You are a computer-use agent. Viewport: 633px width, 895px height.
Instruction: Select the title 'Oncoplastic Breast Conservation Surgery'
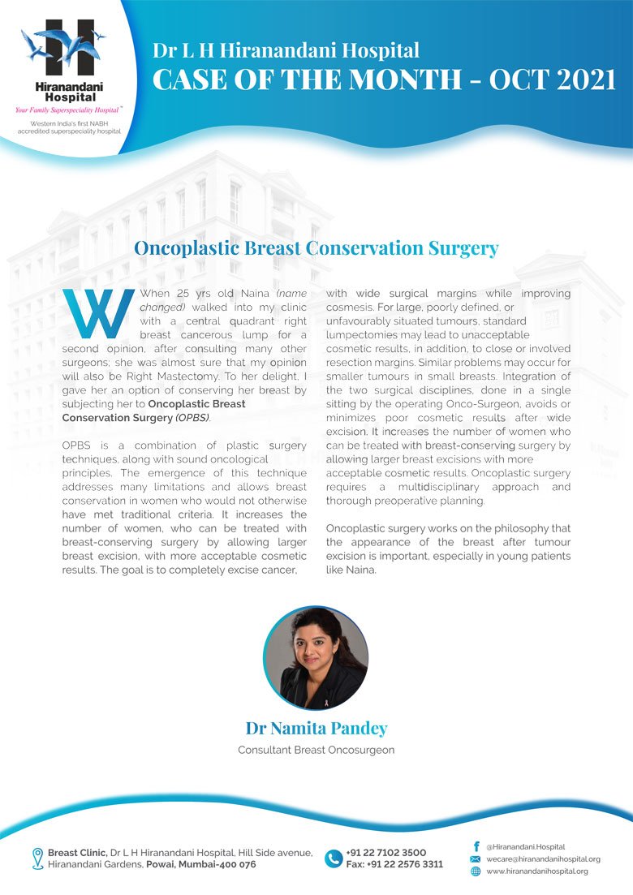click(316, 248)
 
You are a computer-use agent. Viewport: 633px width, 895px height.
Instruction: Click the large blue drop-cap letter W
click(97, 313)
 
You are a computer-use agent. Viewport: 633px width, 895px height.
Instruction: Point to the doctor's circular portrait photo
click(316, 658)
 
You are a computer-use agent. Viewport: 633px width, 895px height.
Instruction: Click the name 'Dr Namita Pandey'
click(316, 728)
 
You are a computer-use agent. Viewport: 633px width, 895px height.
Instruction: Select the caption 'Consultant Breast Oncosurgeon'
click(316, 751)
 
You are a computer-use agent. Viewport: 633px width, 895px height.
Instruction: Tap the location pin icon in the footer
click(37, 858)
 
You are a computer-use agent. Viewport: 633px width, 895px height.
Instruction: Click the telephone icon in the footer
click(333, 858)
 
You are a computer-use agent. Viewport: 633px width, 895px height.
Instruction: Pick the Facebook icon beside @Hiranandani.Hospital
click(476, 846)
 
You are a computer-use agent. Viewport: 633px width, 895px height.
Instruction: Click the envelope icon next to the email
click(476, 859)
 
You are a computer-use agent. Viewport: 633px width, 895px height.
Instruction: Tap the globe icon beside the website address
click(476, 871)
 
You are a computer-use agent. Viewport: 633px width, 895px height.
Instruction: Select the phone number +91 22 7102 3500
click(385, 853)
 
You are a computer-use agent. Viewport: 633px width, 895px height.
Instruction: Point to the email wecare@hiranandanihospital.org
click(543, 859)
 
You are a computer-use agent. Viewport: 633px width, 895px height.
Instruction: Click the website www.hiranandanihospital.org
click(536, 871)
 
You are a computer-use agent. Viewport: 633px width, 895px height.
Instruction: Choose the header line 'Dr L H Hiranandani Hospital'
click(286, 51)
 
